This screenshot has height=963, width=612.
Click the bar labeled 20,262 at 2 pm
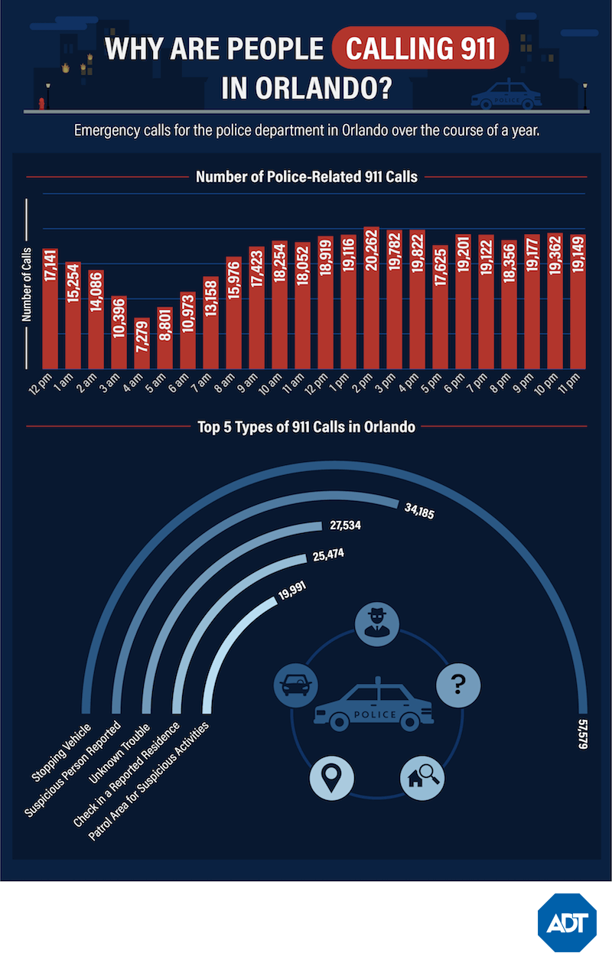pyautogui.click(x=372, y=298)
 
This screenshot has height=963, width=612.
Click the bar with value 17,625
pyautogui.click(x=441, y=307)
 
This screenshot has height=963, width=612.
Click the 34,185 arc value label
pyautogui.click(x=418, y=512)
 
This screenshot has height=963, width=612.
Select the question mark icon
pyautogui.click(x=458, y=682)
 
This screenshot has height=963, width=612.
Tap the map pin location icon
pyautogui.click(x=332, y=778)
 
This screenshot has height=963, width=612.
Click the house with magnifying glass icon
pyautogui.click(x=423, y=778)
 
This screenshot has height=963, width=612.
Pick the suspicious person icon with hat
pyautogui.click(x=377, y=621)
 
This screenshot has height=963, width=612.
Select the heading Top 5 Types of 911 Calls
pyautogui.click(x=305, y=428)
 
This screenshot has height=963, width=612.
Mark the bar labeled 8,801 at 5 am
pyautogui.click(x=164, y=337)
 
